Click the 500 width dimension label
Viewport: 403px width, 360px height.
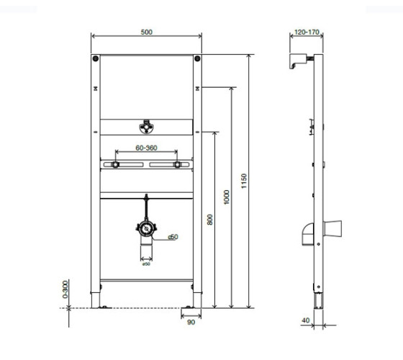click(x=147, y=32)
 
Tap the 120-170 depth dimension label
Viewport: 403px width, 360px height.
click(x=307, y=32)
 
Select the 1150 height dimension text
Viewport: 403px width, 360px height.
click(x=244, y=181)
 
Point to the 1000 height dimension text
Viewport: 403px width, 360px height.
click(x=227, y=197)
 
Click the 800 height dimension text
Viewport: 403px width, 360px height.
click(x=210, y=220)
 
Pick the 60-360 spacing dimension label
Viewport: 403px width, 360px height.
click(x=146, y=148)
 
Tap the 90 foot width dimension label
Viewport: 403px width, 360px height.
click(x=191, y=323)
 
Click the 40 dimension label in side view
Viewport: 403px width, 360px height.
click(x=306, y=320)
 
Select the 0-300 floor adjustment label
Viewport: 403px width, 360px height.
click(x=65, y=289)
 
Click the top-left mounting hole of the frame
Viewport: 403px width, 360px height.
click(x=96, y=58)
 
